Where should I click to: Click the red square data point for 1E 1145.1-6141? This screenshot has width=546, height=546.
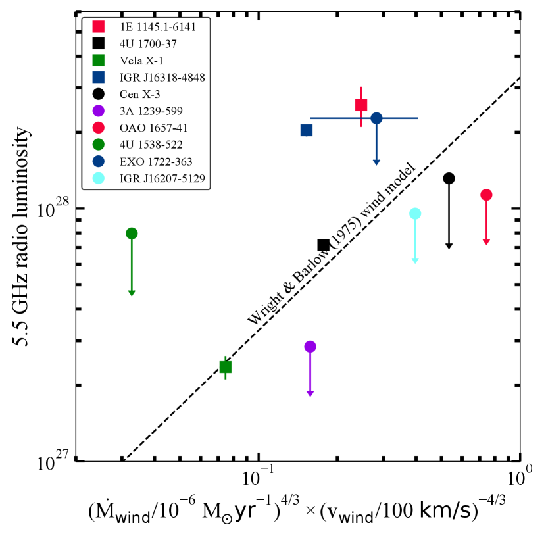[x=361, y=105]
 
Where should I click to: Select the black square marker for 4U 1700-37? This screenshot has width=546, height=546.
[x=324, y=245]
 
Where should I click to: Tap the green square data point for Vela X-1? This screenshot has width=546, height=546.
[x=226, y=367]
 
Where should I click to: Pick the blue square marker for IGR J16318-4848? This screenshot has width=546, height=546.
[x=307, y=130]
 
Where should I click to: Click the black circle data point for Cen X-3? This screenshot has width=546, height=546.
[x=449, y=178]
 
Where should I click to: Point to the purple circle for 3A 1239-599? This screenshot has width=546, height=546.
[x=310, y=347]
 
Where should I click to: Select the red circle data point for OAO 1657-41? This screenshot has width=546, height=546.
[x=486, y=195]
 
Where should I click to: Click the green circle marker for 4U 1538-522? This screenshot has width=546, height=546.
[x=132, y=234]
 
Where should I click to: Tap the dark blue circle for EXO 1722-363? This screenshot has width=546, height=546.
[x=376, y=118]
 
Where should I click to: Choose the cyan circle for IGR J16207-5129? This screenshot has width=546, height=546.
[x=415, y=213]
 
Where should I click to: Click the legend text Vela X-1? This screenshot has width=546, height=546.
[x=141, y=61]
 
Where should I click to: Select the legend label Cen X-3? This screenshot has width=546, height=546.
[x=139, y=94]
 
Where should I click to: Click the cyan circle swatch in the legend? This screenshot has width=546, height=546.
[x=99, y=178]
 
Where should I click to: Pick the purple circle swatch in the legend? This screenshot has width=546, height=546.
[x=99, y=111]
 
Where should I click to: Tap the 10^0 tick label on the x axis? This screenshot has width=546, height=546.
[x=520, y=476]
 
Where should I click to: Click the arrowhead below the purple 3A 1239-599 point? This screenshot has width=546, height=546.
[x=310, y=394]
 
